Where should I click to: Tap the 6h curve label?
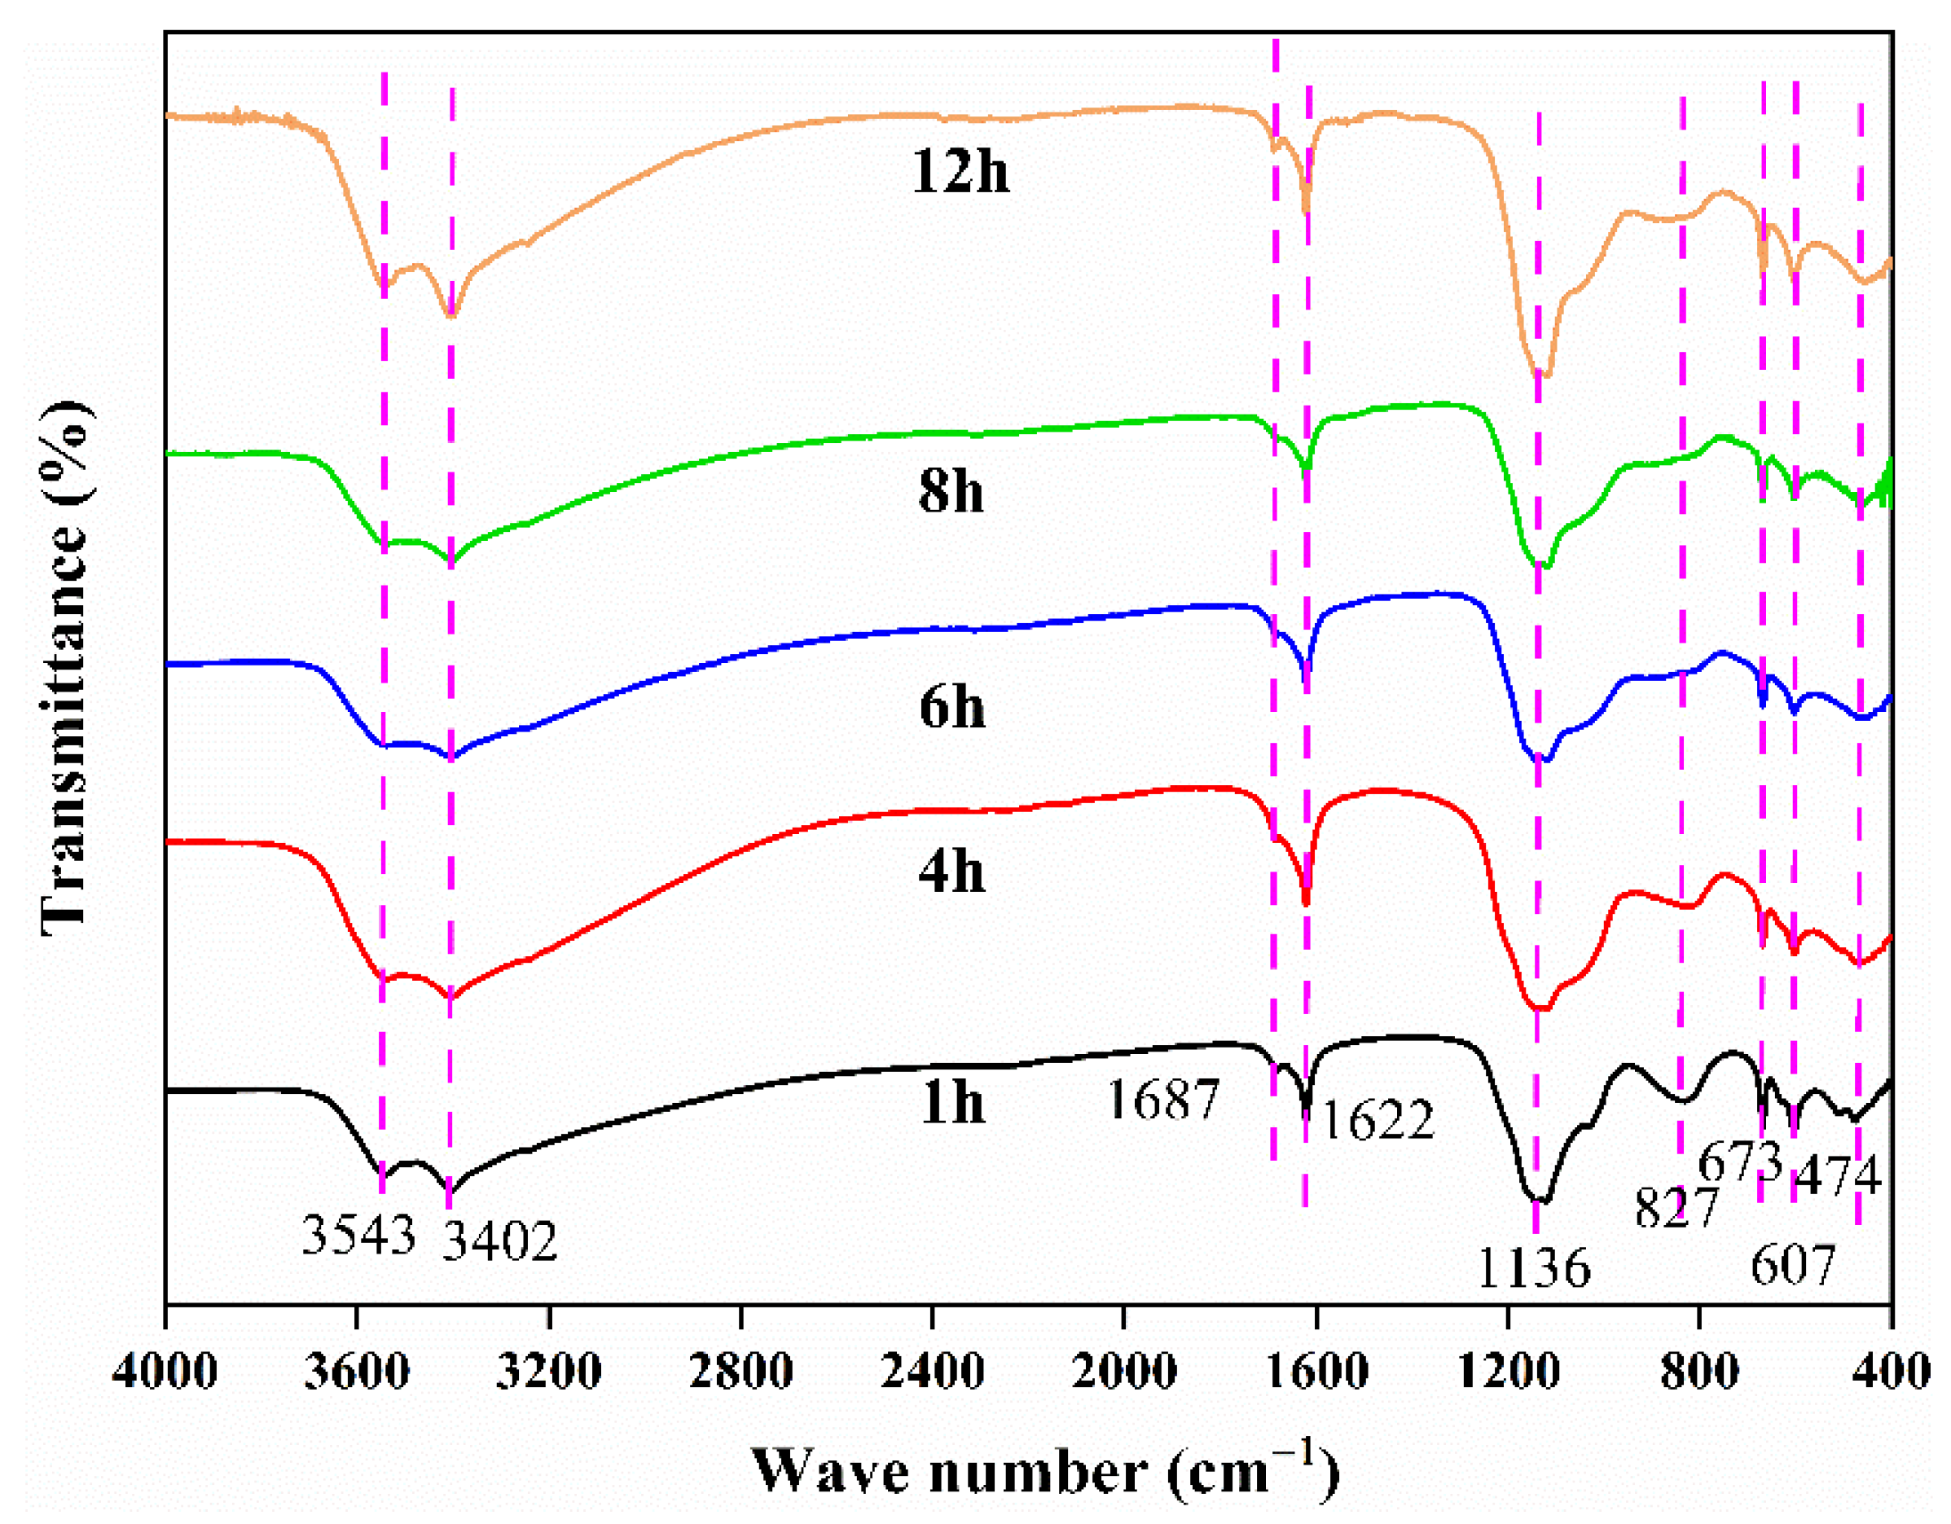point(952,708)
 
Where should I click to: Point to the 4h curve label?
point(951,871)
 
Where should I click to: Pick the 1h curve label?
point(951,1102)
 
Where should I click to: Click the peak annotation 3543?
point(359,1236)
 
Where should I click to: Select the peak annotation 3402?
point(500,1241)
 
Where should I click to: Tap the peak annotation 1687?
point(1163,1100)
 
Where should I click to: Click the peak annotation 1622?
point(1378,1120)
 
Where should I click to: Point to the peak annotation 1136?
point(1534,1267)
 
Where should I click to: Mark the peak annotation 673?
point(1739,1162)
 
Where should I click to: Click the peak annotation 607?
point(1792,1264)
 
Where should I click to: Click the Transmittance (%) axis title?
point(64,665)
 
